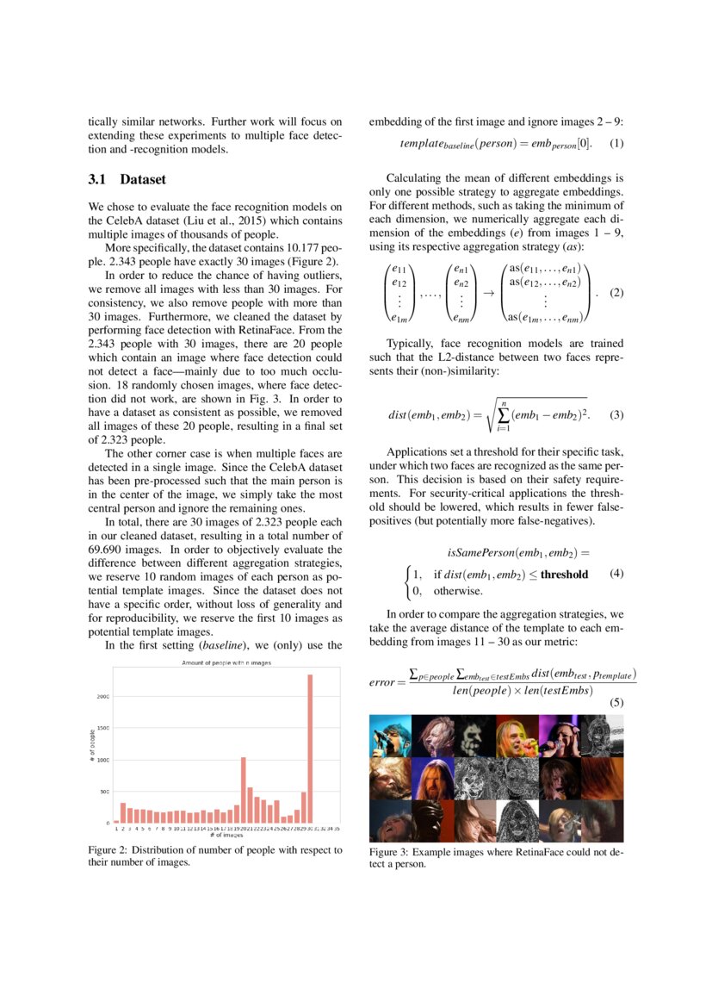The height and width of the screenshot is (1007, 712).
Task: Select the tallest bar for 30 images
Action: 310,749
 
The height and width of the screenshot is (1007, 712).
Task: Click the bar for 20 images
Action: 244,790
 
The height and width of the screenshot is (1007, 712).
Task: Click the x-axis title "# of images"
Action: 226,836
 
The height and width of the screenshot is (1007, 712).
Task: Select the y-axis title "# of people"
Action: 93,748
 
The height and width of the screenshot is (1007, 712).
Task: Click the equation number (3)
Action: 616,415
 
